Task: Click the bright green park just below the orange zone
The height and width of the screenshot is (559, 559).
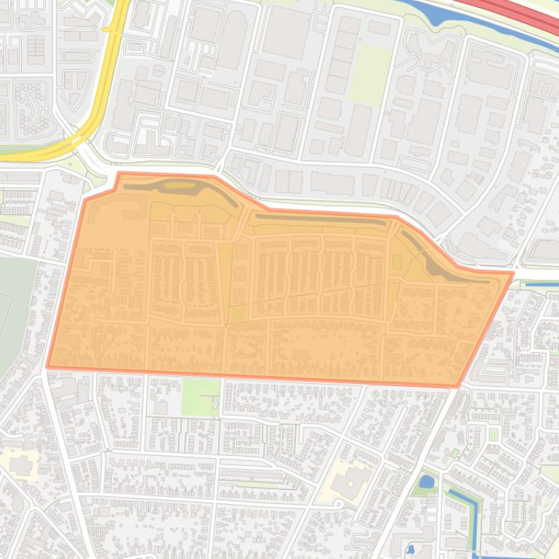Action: (200, 397)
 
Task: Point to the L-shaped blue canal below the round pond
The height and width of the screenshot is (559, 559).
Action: (466, 508)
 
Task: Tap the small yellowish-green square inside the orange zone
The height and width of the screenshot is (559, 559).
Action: (238, 314)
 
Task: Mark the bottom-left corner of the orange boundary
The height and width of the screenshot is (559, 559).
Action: (48, 367)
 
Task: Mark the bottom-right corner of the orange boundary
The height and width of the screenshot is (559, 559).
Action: (457, 385)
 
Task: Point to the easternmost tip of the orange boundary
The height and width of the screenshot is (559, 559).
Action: (513, 273)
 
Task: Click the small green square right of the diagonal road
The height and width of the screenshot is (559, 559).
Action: (494, 434)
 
